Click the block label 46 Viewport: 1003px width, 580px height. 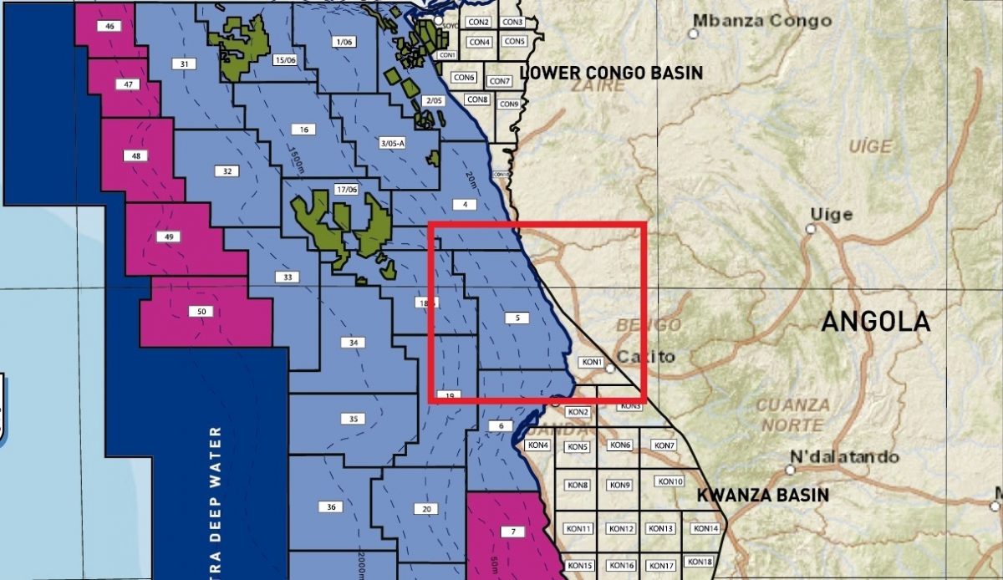click(x=109, y=27)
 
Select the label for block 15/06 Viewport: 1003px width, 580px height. click(x=285, y=60)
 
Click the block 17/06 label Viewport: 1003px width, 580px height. click(x=345, y=190)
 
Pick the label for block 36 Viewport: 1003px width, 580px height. click(x=332, y=506)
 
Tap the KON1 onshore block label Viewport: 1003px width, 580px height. click(x=592, y=363)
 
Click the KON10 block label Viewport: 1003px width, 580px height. click(x=670, y=481)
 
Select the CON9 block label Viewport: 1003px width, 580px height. click(x=509, y=104)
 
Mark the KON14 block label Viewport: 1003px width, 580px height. click(x=705, y=528)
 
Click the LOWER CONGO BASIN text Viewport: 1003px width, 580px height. click(x=611, y=73)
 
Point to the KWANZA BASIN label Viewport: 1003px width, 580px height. click(x=763, y=495)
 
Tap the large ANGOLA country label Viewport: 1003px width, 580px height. click(x=875, y=322)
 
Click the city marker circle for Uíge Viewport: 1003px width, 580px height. click(x=810, y=228)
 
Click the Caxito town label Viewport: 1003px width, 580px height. click(x=647, y=357)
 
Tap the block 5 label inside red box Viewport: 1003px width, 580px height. click(x=517, y=318)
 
